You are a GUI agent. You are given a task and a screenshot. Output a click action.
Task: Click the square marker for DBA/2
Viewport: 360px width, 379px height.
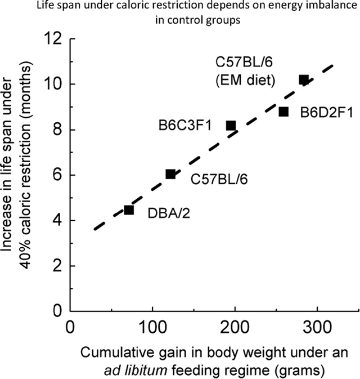pos(129,210)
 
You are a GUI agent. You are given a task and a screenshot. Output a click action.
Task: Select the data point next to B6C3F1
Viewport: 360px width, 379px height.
pos(231,125)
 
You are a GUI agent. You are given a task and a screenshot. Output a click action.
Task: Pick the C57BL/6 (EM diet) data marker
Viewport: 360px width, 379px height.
pos(304,80)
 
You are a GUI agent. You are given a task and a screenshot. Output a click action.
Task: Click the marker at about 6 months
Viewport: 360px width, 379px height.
pos(170,175)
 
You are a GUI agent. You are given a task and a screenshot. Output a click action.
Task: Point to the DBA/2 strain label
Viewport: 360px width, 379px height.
pos(166,215)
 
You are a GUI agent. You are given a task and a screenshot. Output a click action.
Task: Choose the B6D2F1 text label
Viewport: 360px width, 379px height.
pos(326,113)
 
